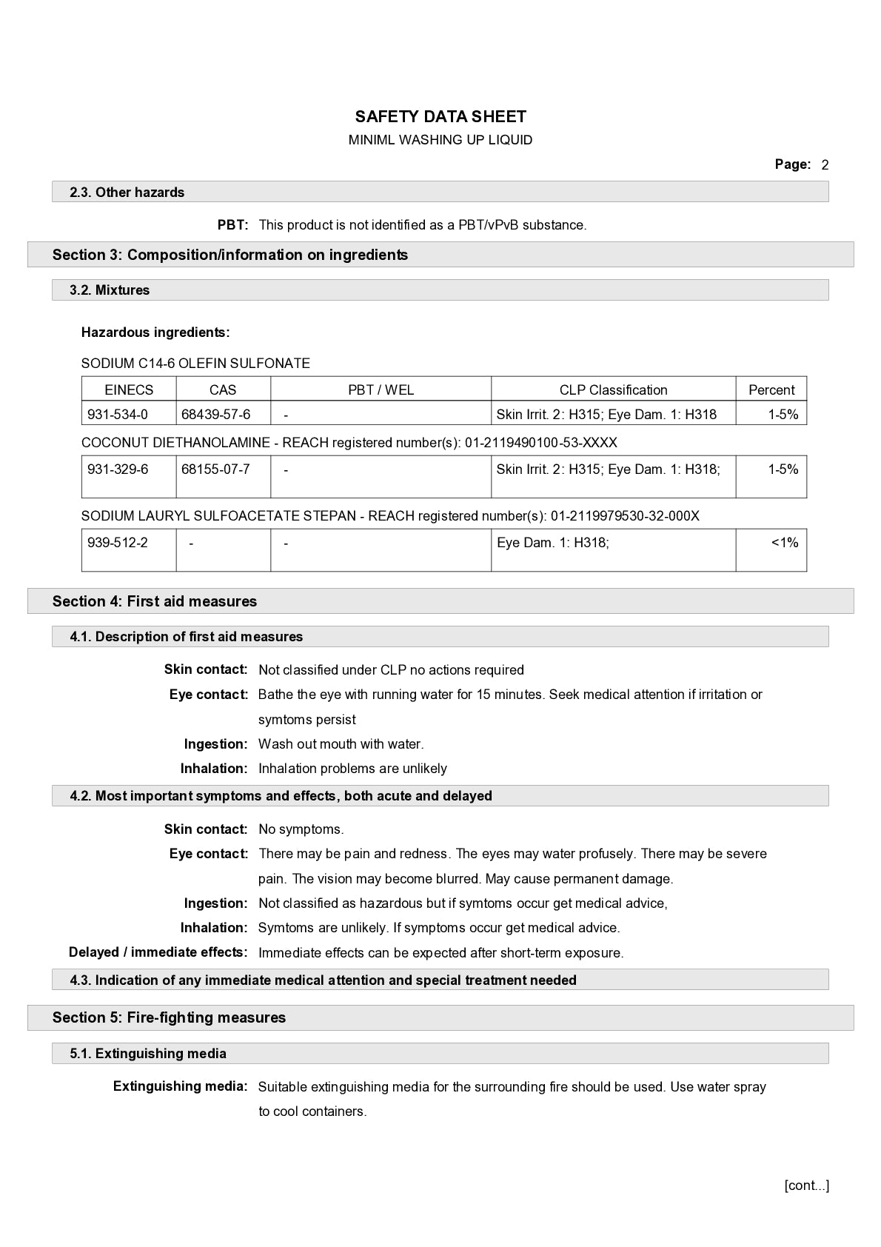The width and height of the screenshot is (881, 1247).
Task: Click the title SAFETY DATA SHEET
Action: pos(440,116)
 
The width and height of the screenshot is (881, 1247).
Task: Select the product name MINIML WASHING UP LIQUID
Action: pos(440,140)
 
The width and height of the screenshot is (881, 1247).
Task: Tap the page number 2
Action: pos(825,165)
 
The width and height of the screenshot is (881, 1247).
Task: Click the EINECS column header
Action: pos(129,390)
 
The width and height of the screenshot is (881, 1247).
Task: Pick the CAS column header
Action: pos(223,390)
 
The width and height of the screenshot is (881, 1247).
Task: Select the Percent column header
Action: pos(771,390)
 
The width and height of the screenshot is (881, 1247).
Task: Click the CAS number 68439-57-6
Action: pos(216,415)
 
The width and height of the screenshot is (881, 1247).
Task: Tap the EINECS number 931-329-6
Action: pos(118,469)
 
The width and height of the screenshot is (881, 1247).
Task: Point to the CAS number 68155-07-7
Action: pos(216,469)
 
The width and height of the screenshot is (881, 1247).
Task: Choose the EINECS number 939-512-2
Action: pos(118,543)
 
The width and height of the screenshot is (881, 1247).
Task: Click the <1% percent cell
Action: pos(785,543)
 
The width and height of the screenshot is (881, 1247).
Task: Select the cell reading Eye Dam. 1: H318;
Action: pos(553,543)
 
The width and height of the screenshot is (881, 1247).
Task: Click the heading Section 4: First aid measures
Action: pos(155,601)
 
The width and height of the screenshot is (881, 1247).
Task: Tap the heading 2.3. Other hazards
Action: pos(127,193)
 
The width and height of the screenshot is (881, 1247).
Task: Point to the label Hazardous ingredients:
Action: pos(155,332)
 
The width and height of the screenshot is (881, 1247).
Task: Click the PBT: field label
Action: pos(232,225)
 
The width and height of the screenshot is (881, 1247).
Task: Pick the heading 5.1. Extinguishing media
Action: pos(148,1054)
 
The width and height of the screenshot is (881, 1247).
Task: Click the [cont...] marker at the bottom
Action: pos(807,1186)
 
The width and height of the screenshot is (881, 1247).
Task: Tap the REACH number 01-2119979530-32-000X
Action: pos(625,516)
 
